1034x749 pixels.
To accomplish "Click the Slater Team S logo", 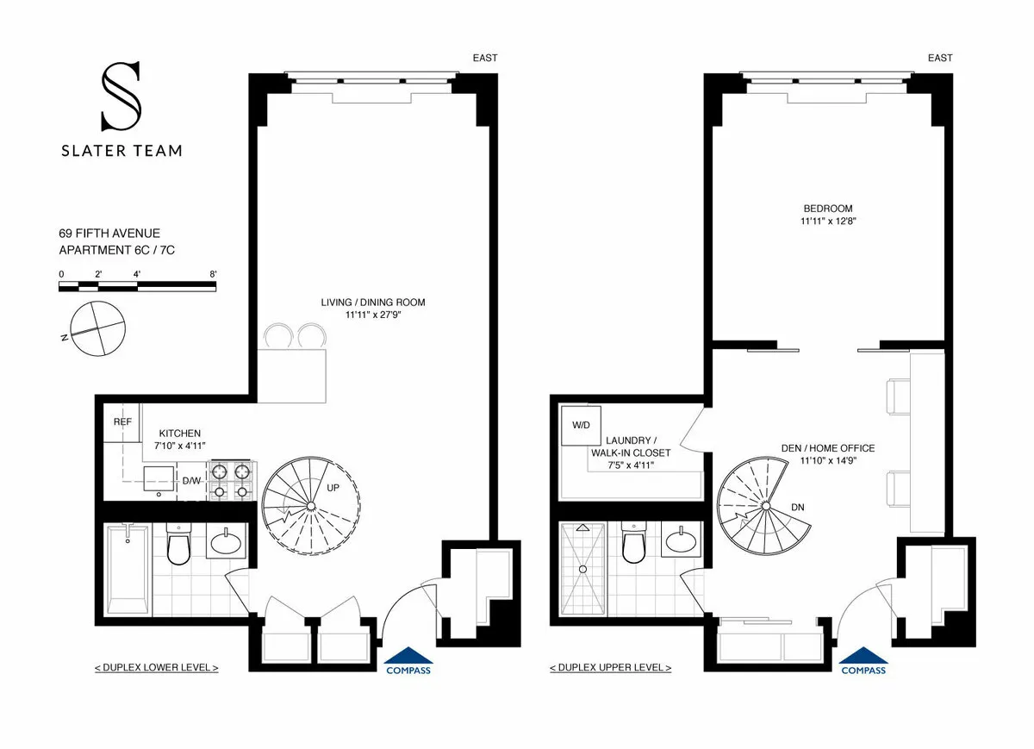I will point(121,97).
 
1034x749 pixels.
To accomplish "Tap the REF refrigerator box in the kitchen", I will point(121,422).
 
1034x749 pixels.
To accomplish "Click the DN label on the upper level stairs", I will point(797,507).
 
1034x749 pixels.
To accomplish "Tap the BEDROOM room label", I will point(827,208).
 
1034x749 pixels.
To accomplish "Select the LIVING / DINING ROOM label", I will point(373,303).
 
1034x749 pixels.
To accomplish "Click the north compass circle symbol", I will point(98,329).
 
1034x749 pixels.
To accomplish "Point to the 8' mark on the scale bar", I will point(212,273).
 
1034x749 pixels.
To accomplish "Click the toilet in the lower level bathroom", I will point(178,546).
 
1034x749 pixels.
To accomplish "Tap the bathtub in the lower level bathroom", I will point(128,569).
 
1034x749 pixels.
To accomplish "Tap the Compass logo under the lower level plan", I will point(408,660).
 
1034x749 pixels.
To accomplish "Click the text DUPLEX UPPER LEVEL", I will point(611,668).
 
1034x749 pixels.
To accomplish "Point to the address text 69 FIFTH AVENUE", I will point(109,234).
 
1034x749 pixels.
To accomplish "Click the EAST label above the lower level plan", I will point(484,58).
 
